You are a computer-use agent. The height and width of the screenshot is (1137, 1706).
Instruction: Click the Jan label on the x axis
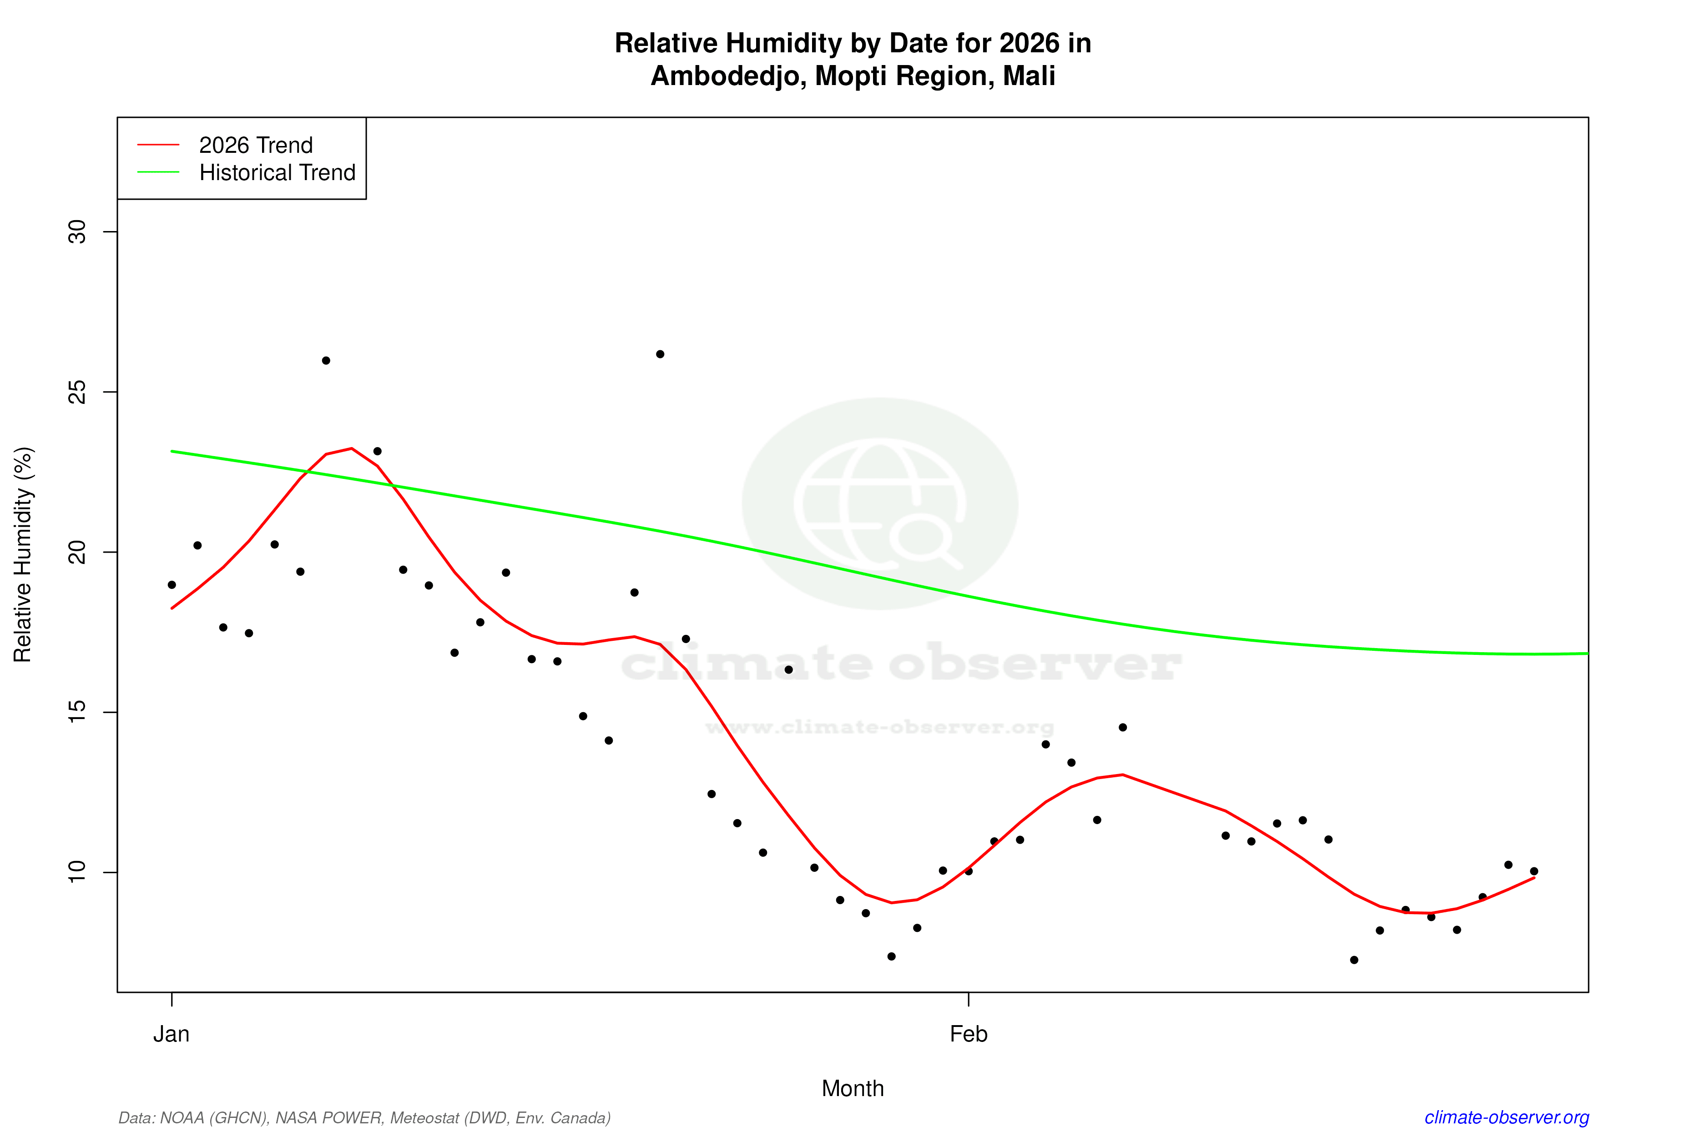tap(171, 1034)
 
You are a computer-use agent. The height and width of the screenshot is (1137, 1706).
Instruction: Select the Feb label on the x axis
tap(969, 1034)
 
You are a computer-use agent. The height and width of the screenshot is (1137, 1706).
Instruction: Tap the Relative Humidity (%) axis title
tap(23, 555)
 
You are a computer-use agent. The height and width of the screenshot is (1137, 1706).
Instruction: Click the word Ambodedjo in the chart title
tap(725, 76)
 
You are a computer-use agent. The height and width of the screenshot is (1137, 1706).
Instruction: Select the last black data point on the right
tap(1534, 871)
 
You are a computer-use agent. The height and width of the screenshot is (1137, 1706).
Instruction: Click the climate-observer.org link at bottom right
tap(1507, 1117)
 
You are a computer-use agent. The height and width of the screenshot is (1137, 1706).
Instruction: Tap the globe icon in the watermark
tap(880, 503)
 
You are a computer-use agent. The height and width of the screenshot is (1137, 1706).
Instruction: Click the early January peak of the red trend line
tap(352, 449)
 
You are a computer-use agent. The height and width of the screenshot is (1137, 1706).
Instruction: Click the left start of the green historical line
tap(172, 452)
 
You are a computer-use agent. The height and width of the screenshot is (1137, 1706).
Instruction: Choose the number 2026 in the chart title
tap(1029, 44)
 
